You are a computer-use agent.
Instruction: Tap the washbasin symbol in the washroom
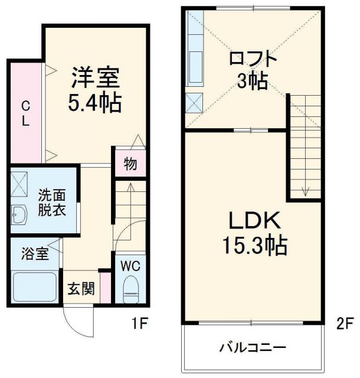[x=19, y=214]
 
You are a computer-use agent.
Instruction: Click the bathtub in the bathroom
[x=34, y=288]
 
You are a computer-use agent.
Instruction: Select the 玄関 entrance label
[x=81, y=289]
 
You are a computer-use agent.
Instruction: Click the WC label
[x=130, y=266]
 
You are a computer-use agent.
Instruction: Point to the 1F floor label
[x=139, y=324]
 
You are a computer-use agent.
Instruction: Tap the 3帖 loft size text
[x=253, y=82]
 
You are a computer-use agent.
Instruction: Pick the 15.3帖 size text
[x=254, y=245]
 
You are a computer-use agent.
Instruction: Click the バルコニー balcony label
[x=254, y=347]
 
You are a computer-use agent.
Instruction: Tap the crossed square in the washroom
[x=19, y=183]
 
